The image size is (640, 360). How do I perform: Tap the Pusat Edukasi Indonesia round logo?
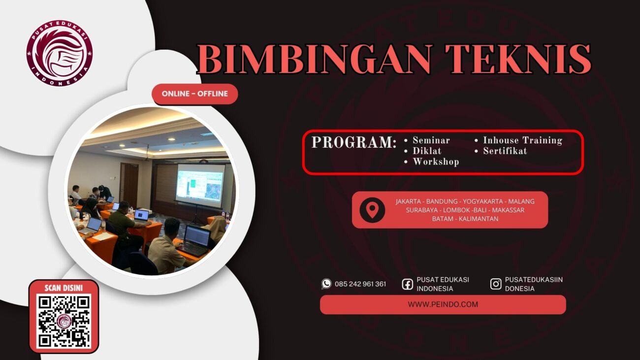coord(60,53)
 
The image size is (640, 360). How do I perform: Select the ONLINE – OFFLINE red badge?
coord(195,94)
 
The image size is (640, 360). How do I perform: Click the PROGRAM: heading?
coord(353,142)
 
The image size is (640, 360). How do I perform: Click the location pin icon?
coord(372,210)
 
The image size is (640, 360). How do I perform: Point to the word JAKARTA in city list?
coord(408,201)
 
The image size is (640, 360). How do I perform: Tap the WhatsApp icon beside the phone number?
coord(326,284)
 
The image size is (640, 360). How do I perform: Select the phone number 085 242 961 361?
coord(360,284)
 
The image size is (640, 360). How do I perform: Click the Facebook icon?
coord(407,284)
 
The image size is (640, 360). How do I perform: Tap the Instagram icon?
coord(496,284)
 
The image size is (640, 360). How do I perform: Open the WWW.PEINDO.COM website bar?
coord(443,304)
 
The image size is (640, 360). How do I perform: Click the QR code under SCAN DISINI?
coord(64,321)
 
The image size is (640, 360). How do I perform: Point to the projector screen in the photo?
coord(200,183)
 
